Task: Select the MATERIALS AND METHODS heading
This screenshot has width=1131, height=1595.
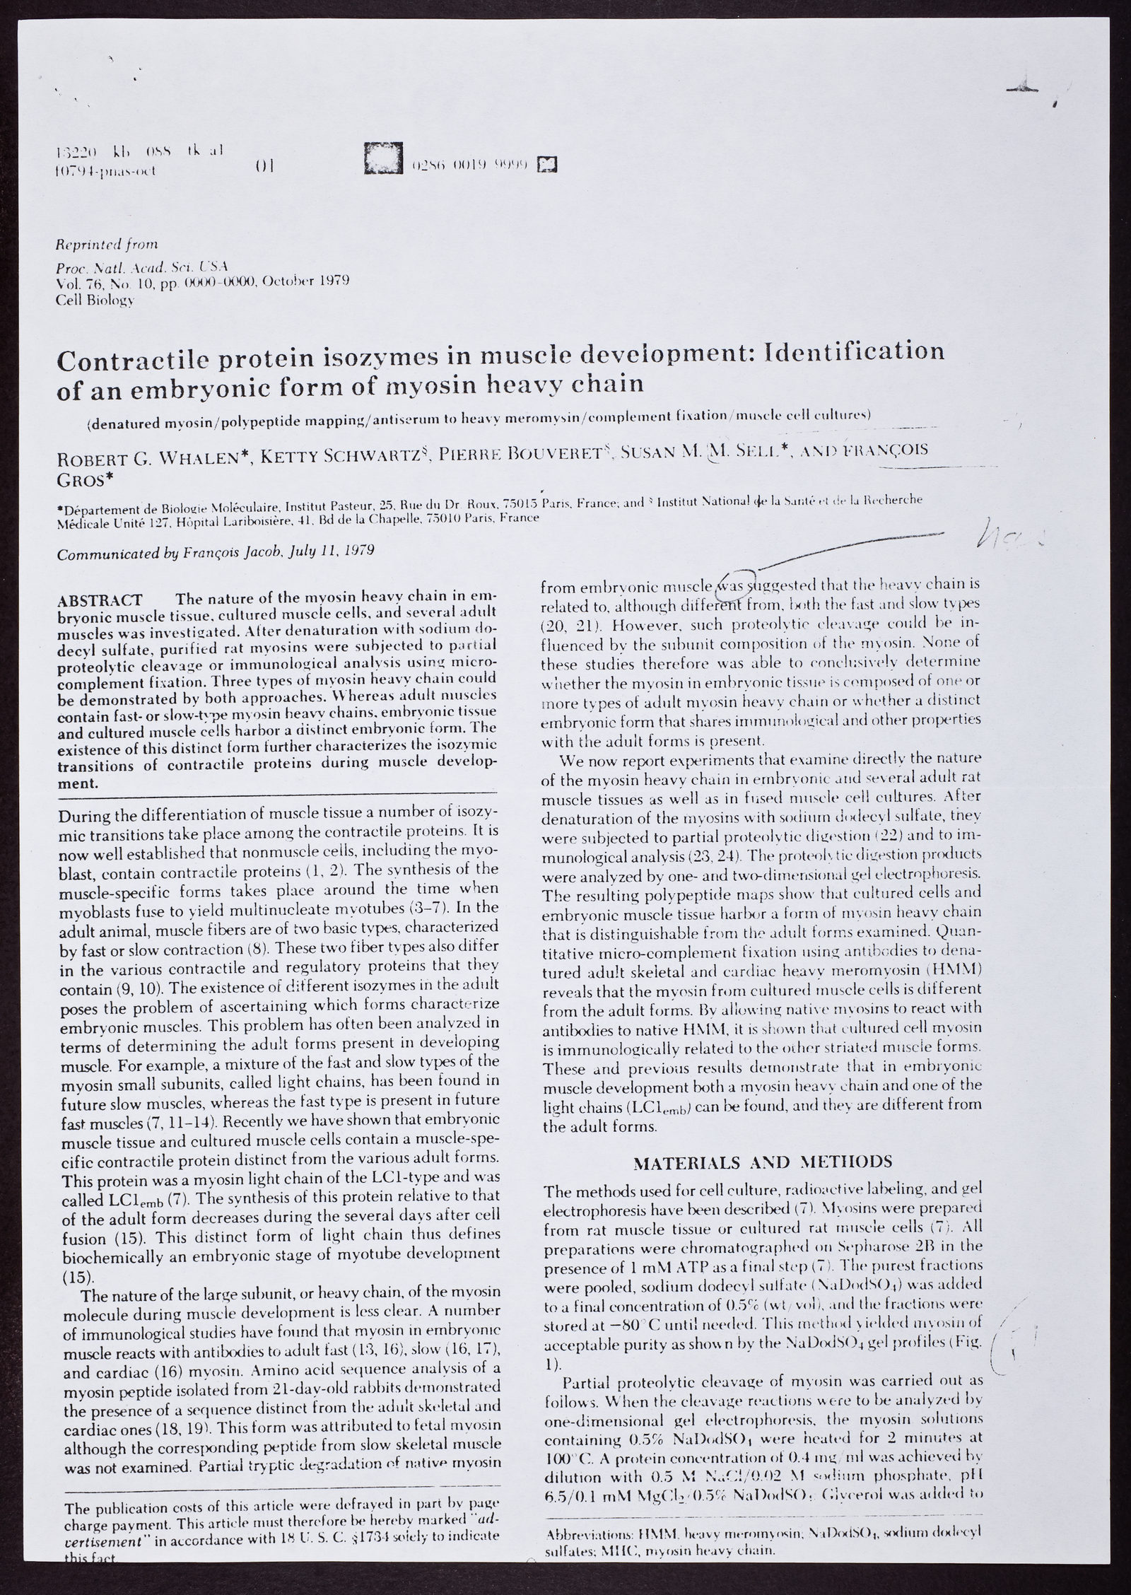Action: [x=762, y=1162]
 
